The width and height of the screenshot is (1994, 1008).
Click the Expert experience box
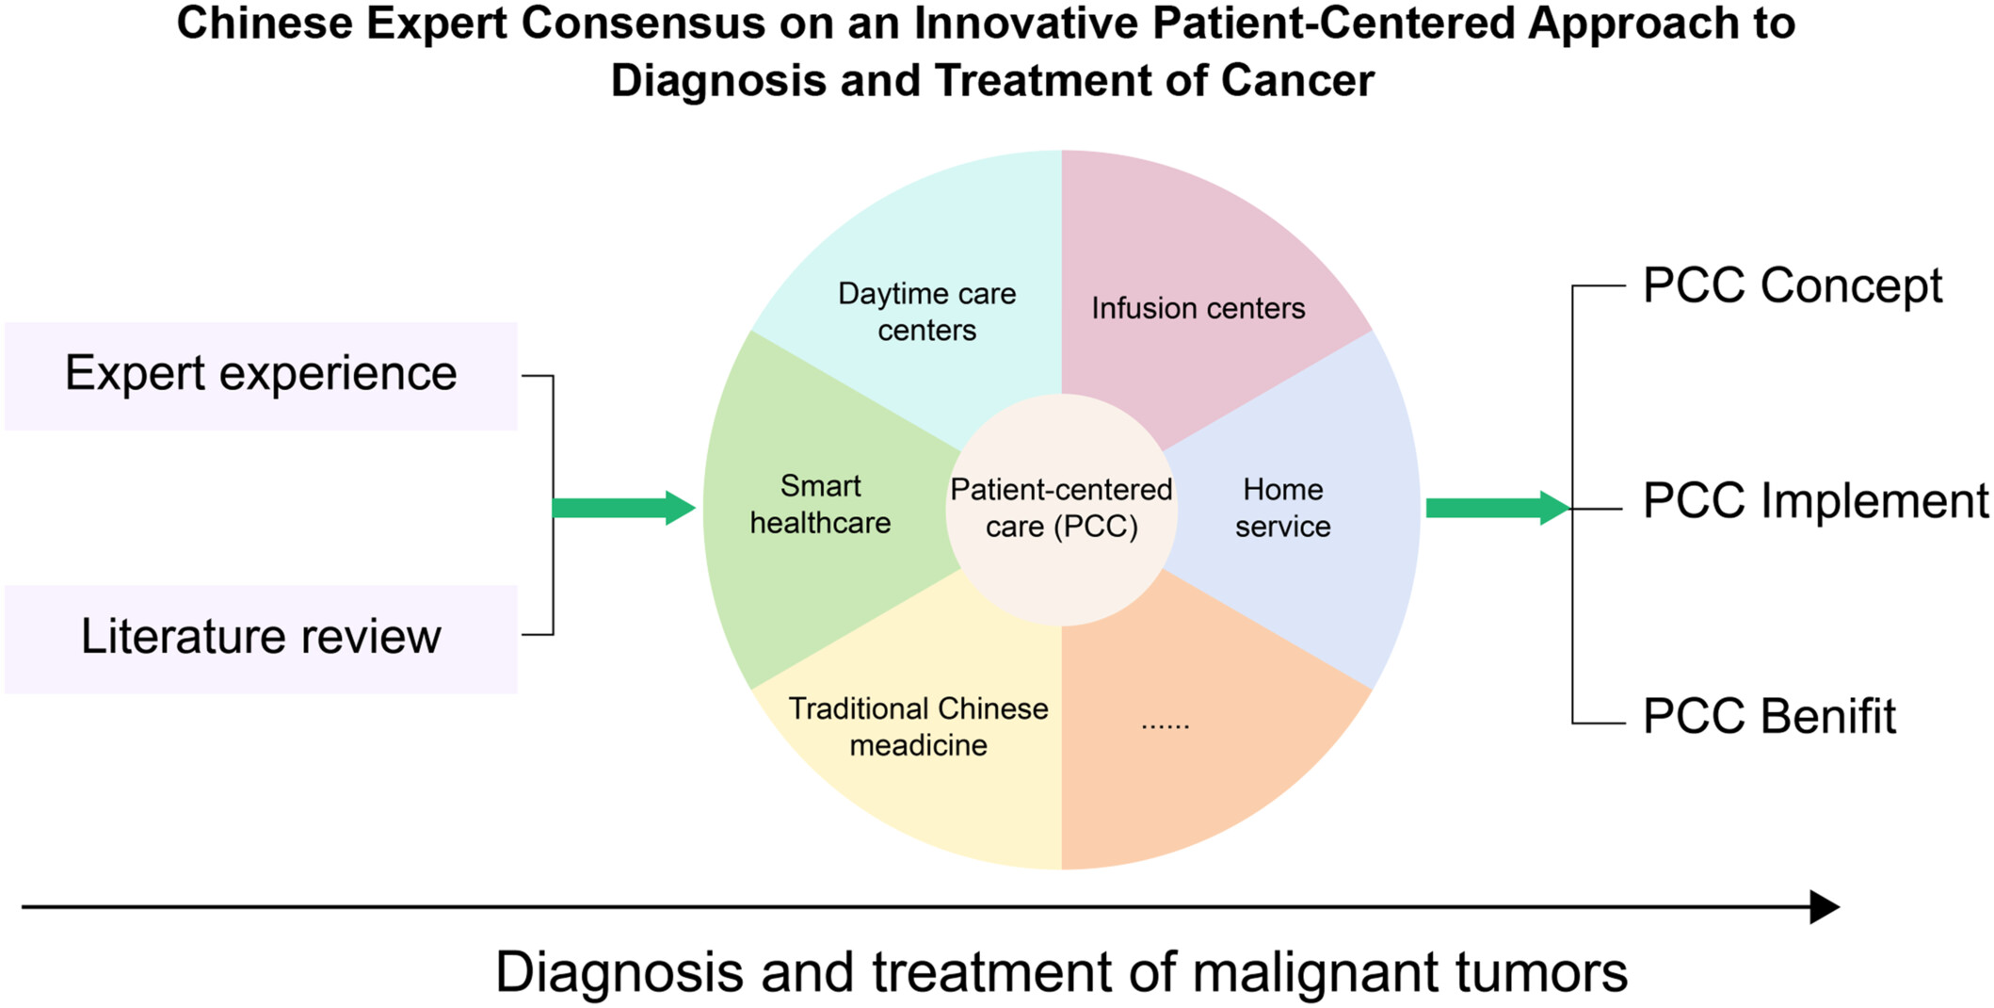(261, 376)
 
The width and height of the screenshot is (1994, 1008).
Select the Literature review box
(261, 639)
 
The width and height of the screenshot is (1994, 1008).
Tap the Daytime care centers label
(926, 312)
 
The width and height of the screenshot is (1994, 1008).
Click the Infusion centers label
(1198, 308)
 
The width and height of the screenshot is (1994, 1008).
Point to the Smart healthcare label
(820, 504)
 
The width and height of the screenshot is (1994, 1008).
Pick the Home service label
(1282, 508)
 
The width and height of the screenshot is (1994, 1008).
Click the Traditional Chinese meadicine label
(918, 726)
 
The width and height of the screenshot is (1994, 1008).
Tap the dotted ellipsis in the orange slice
(1165, 725)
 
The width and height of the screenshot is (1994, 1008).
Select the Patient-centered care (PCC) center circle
(1061, 509)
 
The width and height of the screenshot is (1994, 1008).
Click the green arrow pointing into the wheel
(623, 508)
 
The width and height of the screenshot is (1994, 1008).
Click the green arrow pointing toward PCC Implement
(1498, 508)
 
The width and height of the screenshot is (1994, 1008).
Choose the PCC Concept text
(1792, 285)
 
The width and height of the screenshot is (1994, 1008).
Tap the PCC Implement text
(1816, 500)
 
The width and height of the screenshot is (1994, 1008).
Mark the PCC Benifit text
(1769, 716)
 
